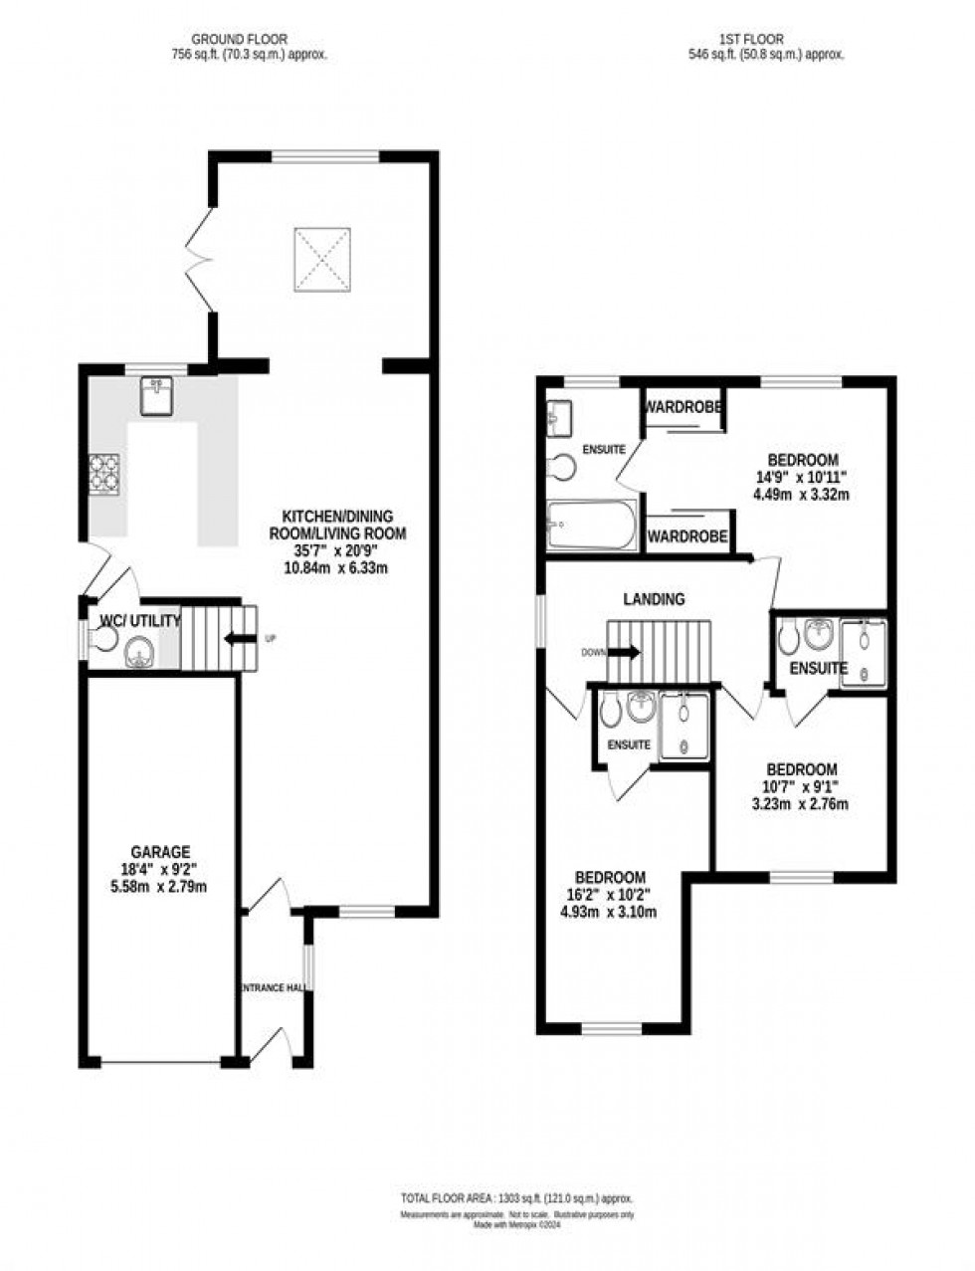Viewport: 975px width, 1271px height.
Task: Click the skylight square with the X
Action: point(321,259)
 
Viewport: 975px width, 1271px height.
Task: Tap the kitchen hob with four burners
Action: point(105,474)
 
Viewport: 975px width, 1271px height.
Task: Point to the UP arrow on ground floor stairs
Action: point(240,639)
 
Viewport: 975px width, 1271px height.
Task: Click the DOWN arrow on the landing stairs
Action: point(624,652)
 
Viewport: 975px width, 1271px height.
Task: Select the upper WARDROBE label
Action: point(682,407)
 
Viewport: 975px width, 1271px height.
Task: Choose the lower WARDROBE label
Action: point(687,536)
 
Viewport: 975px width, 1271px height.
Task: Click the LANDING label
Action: point(654,599)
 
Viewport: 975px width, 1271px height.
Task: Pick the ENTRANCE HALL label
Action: point(273,987)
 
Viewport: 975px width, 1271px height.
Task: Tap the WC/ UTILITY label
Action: point(140,621)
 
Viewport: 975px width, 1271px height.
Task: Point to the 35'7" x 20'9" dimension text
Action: point(337,549)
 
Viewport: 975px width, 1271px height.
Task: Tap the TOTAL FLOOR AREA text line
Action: point(516,1199)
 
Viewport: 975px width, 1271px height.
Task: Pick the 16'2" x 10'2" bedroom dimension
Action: point(611,894)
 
